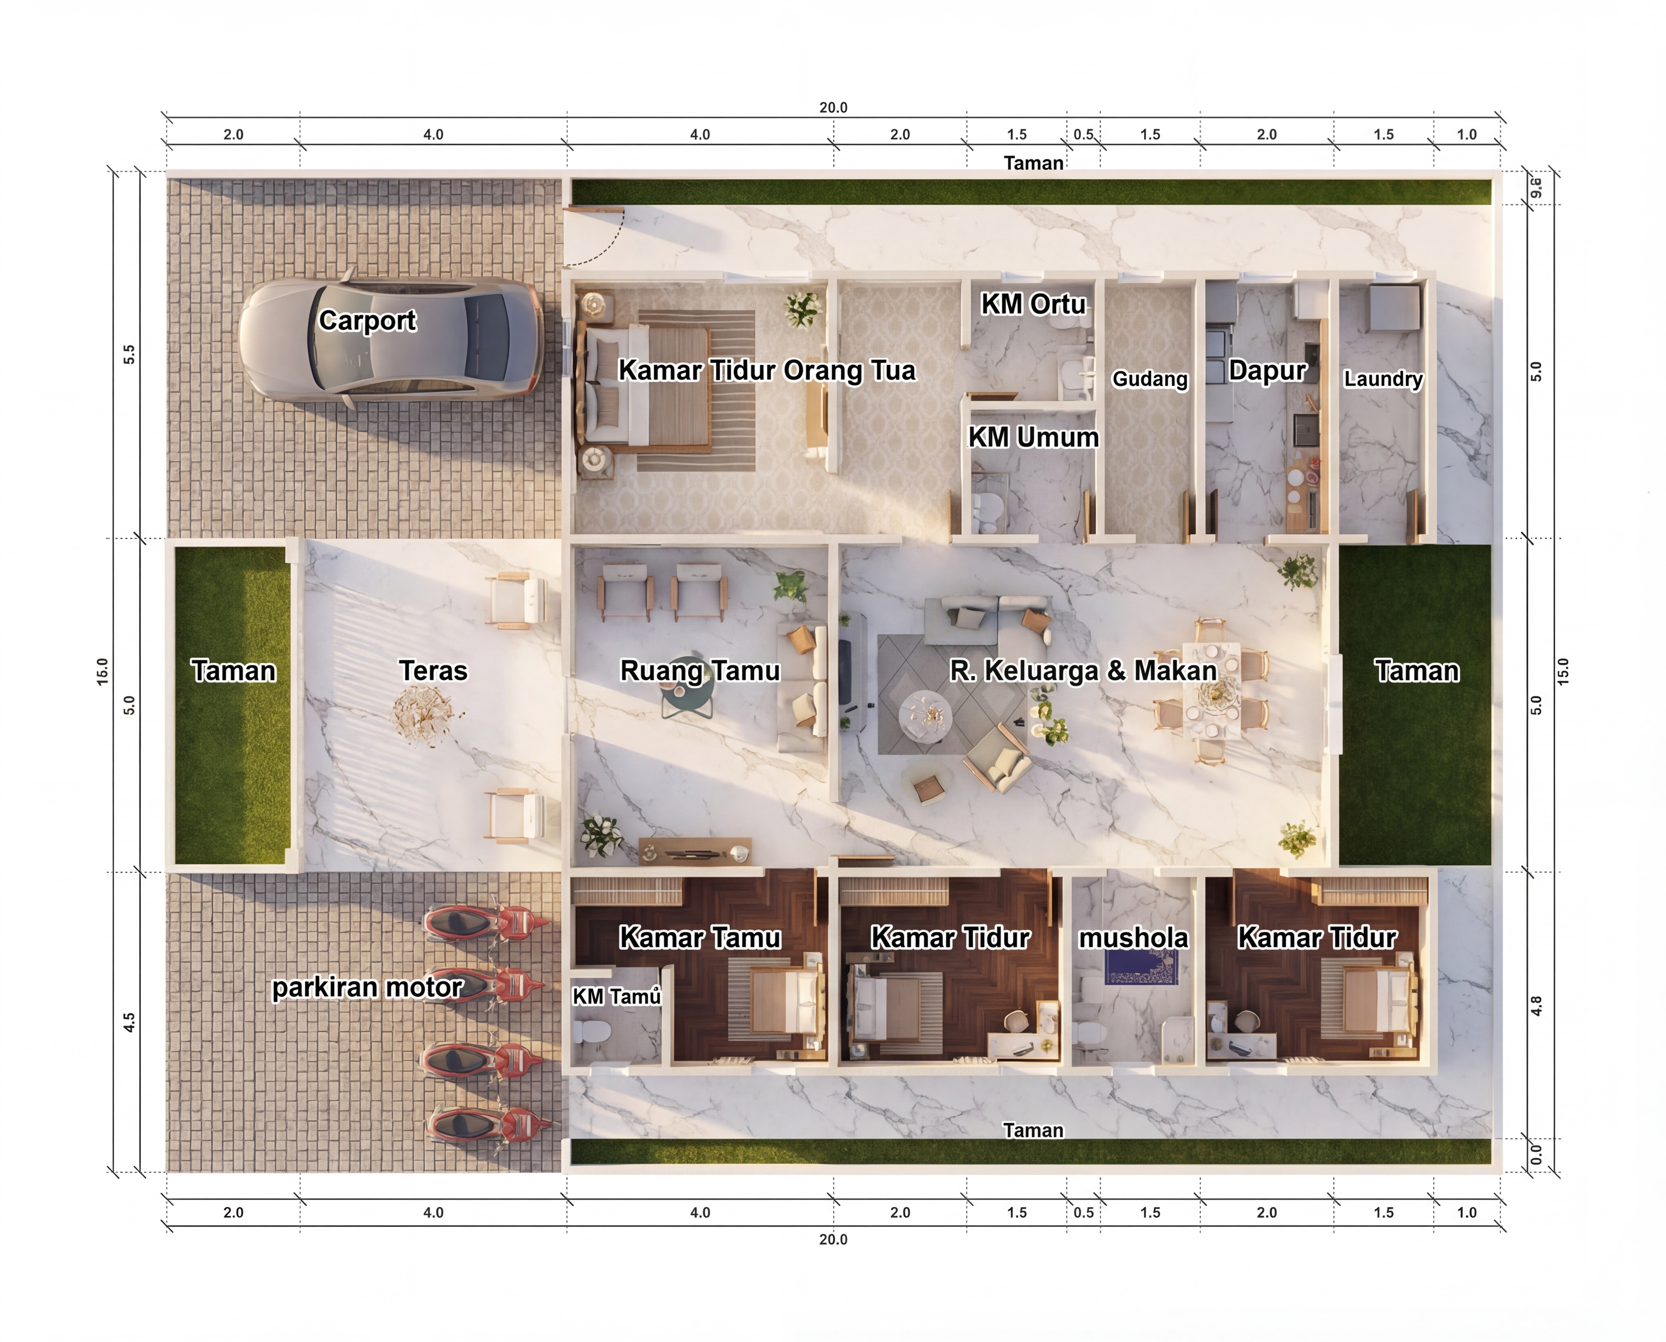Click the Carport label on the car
point(367,320)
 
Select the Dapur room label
point(1267,370)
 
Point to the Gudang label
point(1150,379)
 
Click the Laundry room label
point(1383,379)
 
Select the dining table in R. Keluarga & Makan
point(1212,690)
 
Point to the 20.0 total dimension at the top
point(833,107)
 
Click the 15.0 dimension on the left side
point(102,671)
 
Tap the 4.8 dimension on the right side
point(1537,1006)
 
